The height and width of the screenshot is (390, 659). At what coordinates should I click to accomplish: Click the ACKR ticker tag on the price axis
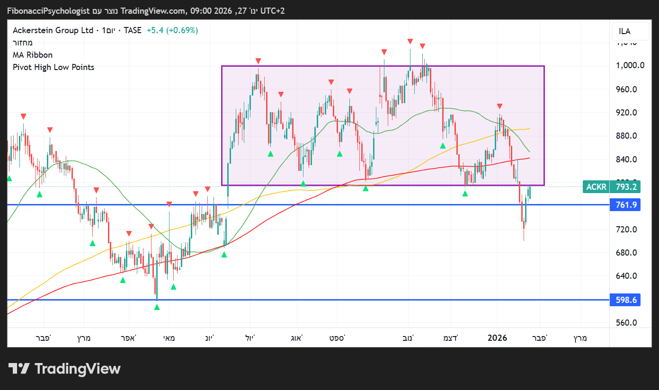[596, 187]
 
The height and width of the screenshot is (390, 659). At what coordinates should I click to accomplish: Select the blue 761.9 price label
[625, 205]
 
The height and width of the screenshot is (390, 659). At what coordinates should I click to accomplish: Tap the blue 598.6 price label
[625, 300]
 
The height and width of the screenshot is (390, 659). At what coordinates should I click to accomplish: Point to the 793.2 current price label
[625, 187]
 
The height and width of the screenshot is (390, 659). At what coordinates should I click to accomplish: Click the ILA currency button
[624, 32]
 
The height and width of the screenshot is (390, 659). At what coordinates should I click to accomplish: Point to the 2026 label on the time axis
[497, 338]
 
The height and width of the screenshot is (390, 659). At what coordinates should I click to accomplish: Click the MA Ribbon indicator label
[33, 55]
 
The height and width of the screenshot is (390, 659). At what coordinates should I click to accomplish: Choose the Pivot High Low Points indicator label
[53, 67]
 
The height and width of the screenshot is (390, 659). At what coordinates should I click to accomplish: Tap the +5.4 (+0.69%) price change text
[172, 30]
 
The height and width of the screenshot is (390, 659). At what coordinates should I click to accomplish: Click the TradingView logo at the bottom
[65, 369]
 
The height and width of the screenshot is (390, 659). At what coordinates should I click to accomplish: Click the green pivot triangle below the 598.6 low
[157, 307]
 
